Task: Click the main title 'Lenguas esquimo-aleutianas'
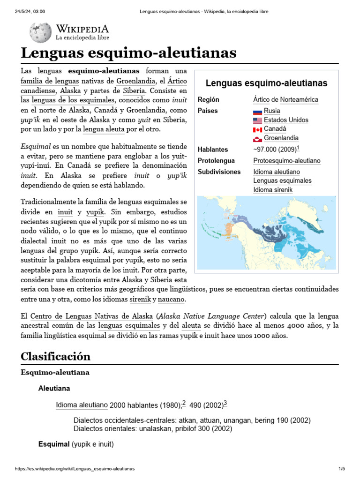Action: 128,53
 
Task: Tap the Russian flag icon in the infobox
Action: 257,111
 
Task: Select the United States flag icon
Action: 257,120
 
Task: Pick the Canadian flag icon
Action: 257,129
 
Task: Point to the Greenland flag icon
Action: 257,138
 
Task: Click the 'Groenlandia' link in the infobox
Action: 281,138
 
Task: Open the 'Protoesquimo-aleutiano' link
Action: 287,161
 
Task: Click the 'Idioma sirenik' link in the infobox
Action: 273,190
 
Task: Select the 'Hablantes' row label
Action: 213,150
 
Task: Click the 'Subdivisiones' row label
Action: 219,172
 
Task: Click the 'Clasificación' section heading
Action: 55,356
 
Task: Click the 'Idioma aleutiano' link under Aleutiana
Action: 82,405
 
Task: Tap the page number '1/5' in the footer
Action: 341,469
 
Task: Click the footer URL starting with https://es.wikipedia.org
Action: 75,469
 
